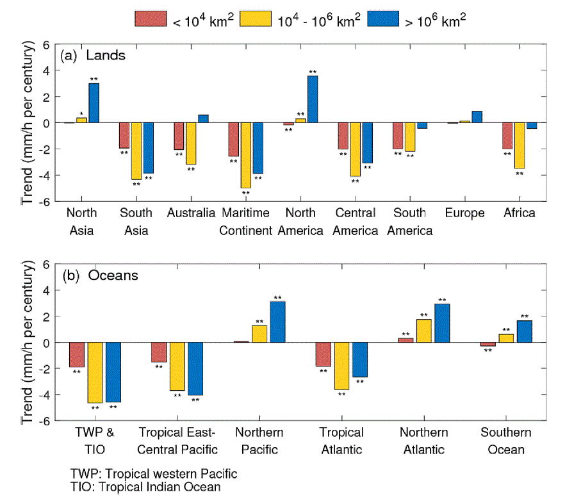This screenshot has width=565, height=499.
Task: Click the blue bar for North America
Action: click(x=313, y=99)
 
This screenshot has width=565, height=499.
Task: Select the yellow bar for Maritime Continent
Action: click(x=246, y=155)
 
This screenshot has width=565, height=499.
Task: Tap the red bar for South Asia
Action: click(x=124, y=135)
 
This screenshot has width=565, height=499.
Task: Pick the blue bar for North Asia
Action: click(x=94, y=103)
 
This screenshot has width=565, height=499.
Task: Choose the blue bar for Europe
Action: click(x=477, y=117)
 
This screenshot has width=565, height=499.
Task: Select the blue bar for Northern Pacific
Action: click(x=277, y=322)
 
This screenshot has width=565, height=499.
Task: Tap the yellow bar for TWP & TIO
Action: click(x=95, y=373)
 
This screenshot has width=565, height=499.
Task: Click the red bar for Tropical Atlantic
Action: click(x=323, y=354)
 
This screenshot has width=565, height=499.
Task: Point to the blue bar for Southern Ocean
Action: click(x=524, y=331)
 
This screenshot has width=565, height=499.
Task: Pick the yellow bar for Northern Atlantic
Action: click(x=424, y=331)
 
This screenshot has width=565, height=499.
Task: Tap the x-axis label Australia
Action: click(x=191, y=213)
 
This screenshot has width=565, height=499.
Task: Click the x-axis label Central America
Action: click(x=356, y=222)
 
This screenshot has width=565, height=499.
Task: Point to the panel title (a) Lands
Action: click(x=93, y=55)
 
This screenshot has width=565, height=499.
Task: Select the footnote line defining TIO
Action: click(x=145, y=487)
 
